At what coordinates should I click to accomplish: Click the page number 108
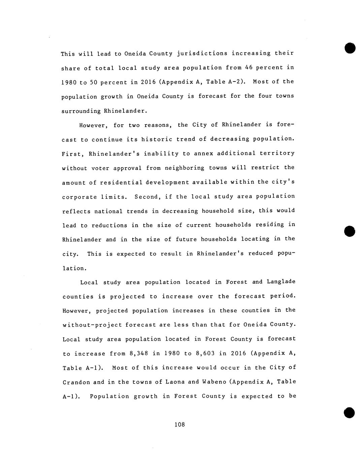point(180,425)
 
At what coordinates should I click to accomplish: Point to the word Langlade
point(281,282)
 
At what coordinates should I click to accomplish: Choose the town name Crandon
point(76,382)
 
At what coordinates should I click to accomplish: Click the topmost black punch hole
point(350,48)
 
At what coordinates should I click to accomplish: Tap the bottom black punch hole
point(350,412)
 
